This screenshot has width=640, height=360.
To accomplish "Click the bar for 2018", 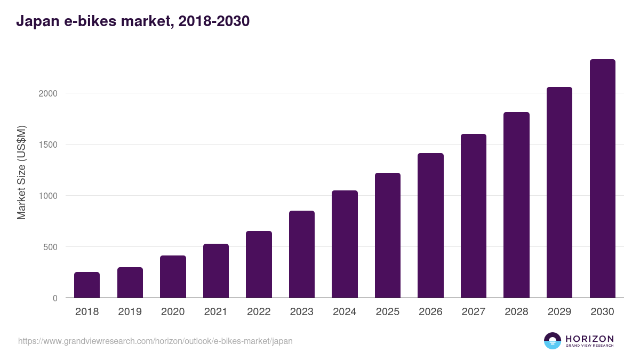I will [x=87, y=285].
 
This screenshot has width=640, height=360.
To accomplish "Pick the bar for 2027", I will [x=474, y=216].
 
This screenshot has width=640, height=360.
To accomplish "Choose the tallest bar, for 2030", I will [x=602, y=179].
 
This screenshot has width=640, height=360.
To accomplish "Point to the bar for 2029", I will [x=559, y=193].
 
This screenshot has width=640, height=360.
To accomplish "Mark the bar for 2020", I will [x=173, y=277].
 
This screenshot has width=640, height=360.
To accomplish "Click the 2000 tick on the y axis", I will [x=47, y=93].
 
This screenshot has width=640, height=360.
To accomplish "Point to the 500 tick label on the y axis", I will [x=50, y=247].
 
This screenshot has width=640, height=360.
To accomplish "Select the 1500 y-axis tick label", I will [x=47, y=145].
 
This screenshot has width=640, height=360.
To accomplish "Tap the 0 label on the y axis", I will [x=55, y=298].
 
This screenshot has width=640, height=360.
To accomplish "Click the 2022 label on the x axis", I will [x=259, y=312].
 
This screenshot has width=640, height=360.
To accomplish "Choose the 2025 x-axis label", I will [x=388, y=312].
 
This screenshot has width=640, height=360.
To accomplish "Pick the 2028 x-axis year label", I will [x=516, y=312].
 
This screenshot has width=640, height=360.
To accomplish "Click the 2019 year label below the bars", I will [x=130, y=312].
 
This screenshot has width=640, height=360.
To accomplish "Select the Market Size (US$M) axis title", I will [x=21, y=173].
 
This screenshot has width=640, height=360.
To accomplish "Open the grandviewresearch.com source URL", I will [x=155, y=341].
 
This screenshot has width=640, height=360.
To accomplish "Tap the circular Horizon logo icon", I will [x=553, y=341].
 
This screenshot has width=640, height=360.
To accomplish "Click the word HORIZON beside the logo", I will [x=589, y=339].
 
